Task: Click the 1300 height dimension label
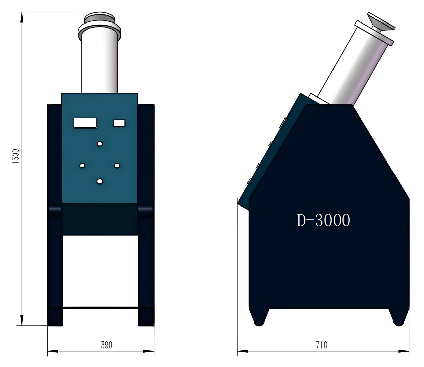click(16, 156)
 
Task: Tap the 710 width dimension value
click(322, 345)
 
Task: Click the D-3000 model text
click(323, 220)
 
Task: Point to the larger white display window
click(85, 123)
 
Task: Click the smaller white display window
click(119, 123)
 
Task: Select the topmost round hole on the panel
click(100, 144)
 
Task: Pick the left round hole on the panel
click(82, 166)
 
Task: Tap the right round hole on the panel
click(117, 166)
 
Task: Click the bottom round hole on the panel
click(100, 181)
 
